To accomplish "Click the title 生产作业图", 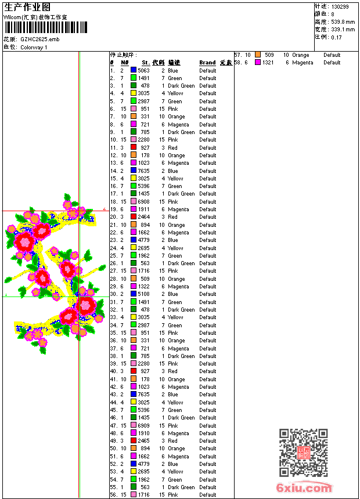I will [27, 7].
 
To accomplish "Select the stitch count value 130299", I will [340, 6].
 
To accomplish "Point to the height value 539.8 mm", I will [343, 21].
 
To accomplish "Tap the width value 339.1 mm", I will [343, 29].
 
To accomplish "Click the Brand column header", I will [207, 63].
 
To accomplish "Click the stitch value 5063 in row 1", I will [143, 70].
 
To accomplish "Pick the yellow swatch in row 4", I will [134, 93].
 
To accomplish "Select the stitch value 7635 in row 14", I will [143, 171].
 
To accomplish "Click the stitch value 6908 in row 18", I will [143, 201].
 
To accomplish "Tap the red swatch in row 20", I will [134, 217].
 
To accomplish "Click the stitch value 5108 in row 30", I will [143, 294].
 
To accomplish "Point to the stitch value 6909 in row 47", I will [143, 425].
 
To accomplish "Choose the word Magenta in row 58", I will [303, 63].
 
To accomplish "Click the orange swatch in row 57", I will [258, 55].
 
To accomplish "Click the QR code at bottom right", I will [304, 453].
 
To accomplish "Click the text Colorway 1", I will [34, 47].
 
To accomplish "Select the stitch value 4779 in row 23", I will [143, 240].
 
